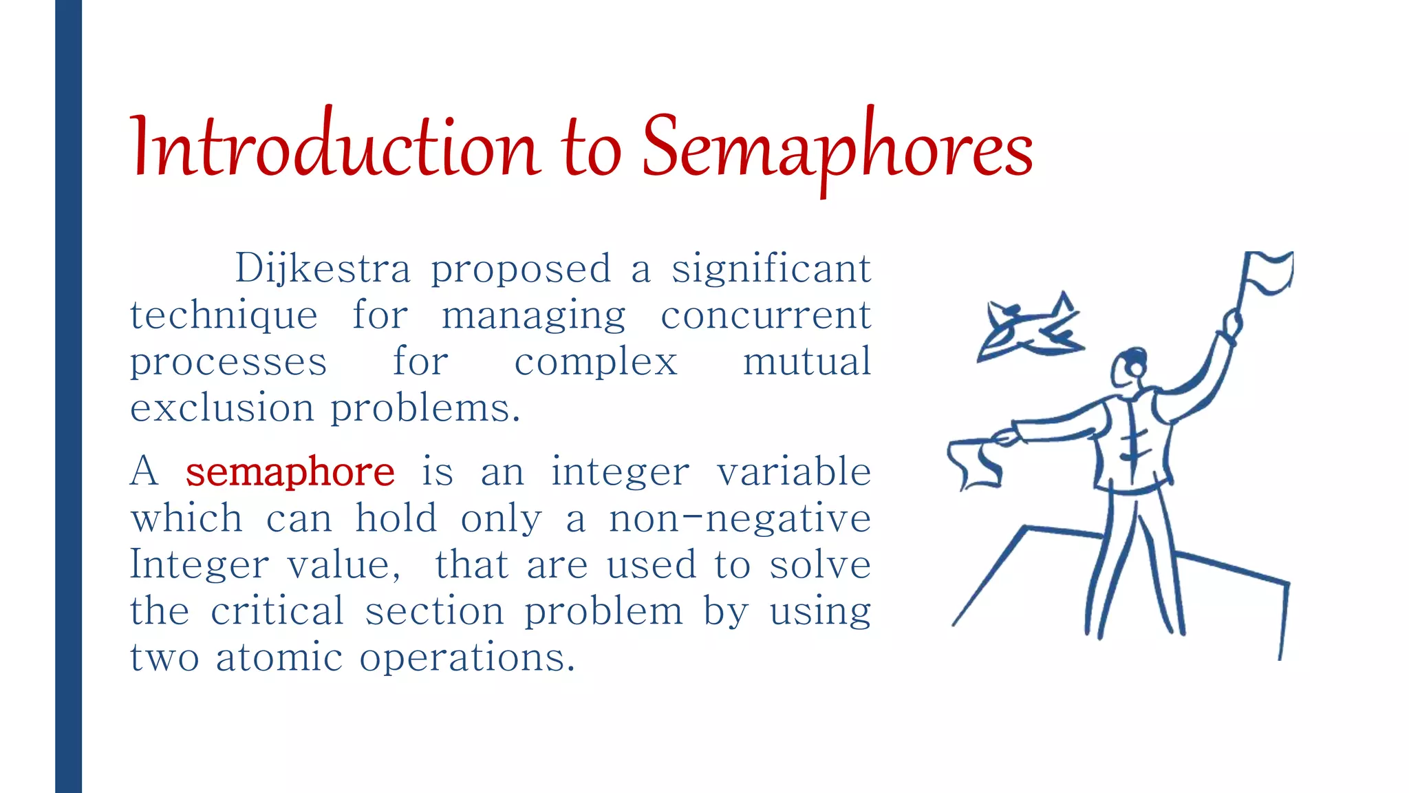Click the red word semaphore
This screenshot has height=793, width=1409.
(290, 472)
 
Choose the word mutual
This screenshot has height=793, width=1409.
(807, 361)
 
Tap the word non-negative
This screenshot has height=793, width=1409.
(740, 518)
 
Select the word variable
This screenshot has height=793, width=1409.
(794, 472)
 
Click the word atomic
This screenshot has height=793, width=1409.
(279, 657)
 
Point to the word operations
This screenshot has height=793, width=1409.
(466, 658)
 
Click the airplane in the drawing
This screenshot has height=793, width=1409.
(1029, 327)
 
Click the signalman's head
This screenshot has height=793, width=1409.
(1130, 368)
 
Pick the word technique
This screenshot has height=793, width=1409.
(224, 316)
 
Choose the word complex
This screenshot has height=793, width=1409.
(596, 363)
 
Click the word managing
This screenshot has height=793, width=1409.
(533, 316)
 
